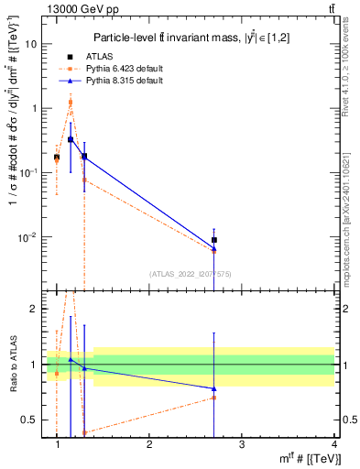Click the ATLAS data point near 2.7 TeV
(x=213, y=240)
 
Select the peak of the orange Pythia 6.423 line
(x=71, y=102)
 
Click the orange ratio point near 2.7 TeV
(x=213, y=398)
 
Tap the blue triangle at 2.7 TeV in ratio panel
(x=213, y=388)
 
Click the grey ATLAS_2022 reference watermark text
(x=192, y=274)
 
